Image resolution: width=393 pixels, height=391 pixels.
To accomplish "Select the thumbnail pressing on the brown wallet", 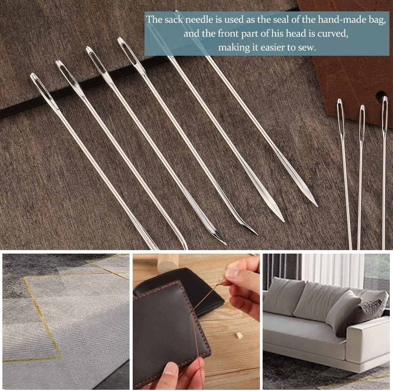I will pos(170,369).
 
